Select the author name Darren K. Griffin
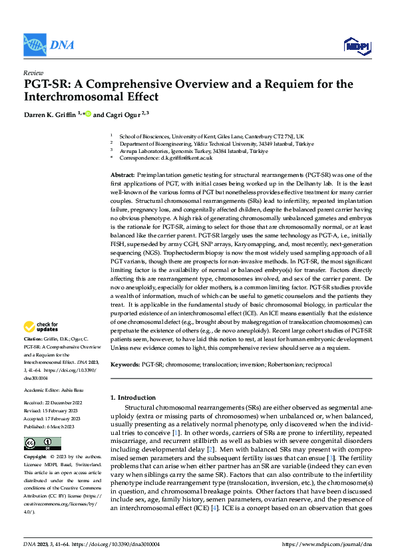(50, 114)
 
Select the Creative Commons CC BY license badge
(42, 444)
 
